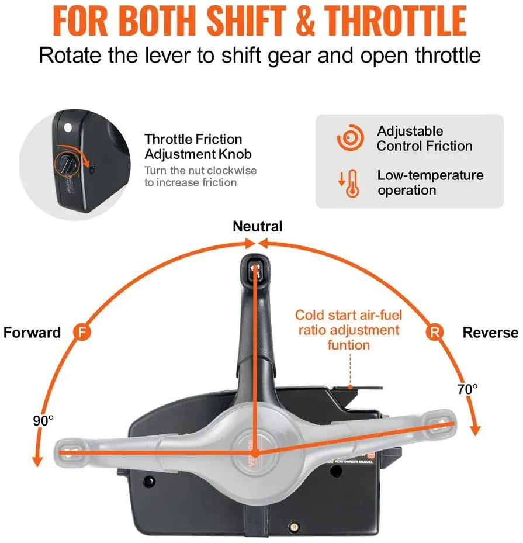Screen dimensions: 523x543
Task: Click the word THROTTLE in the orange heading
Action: pyautogui.click(x=395, y=21)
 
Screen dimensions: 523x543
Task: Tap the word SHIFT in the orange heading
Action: pyautogui.click(x=246, y=21)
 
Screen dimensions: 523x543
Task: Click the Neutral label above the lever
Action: pyautogui.click(x=258, y=226)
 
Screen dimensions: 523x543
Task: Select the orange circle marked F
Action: pyautogui.click(x=82, y=332)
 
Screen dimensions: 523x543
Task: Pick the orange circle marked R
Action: pyautogui.click(x=434, y=332)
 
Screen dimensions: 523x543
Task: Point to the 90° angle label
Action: pyautogui.click(x=43, y=421)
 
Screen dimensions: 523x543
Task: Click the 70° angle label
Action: pyautogui.click(x=467, y=389)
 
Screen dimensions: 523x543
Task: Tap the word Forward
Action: pyautogui.click(x=32, y=333)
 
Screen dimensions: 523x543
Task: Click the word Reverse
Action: pyautogui.click(x=490, y=333)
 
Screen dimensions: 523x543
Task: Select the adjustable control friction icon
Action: pyautogui.click(x=350, y=138)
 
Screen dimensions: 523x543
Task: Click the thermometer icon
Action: pyautogui.click(x=349, y=183)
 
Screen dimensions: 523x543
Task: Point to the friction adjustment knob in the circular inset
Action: pyautogui.click(x=66, y=164)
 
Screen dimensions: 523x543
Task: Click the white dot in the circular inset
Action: pyautogui.click(x=68, y=128)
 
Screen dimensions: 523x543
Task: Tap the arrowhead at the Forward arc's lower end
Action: pyautogui.click(x=37, y=462)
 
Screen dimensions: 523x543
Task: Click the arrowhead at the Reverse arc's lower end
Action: pyautogui.click(x=476, y=431)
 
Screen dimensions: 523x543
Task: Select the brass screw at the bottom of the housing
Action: pyautogui.click(x=294, y=527)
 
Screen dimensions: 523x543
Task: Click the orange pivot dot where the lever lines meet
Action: pyautogui.click(x=255, y=453)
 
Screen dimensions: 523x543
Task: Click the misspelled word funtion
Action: pyautogui.click(x=348, y=345)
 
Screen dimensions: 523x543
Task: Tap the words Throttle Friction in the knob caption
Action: pyautogui.click(x=193, y=139)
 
